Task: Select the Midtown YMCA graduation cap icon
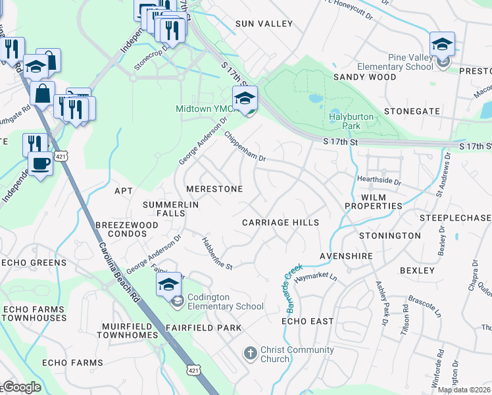click(x=245, y=99)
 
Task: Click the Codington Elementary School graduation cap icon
click(x=169, y=285)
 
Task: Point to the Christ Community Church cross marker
click(x=250, y=354)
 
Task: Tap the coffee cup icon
click(x=40, y=163)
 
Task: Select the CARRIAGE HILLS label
click(x=280, y=223)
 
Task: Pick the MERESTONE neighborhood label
click(x=214, y=189)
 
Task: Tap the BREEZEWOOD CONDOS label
click(x=127, y=230)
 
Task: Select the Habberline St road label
click(x=218, y=253)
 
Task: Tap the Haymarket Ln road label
click(x=316, y=278)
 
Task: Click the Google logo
click(x=22, y=387)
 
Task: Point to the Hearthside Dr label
click(x=379, y=180)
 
